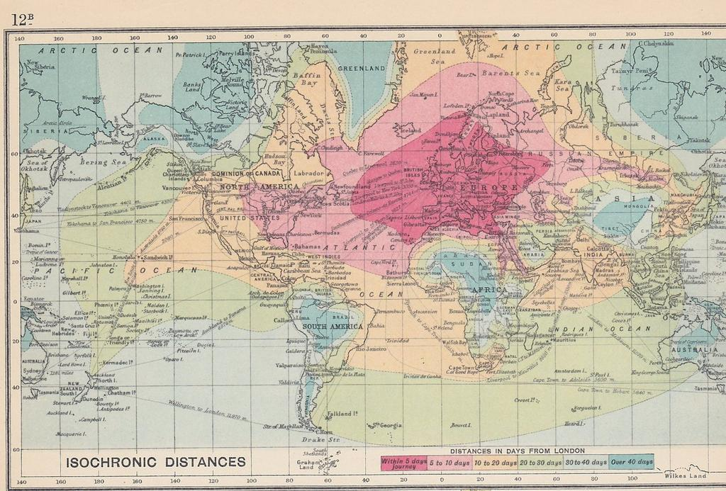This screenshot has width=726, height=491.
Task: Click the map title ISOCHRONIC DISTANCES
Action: coord(156,462)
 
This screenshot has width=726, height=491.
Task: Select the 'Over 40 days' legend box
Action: coord(632,462)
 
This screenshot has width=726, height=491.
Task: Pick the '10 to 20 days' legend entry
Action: coord(494,462)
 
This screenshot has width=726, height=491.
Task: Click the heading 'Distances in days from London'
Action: coord(517,451)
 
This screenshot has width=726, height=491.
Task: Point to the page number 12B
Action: coord(22,19)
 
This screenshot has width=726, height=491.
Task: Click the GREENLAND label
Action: coord(360,69)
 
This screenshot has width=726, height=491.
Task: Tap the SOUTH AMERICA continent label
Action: coord(333,327)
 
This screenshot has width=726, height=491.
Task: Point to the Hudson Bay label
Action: coord(274,159)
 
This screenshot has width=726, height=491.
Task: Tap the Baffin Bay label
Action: coord(308,79)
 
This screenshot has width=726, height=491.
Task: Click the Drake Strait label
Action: coord(327,440)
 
